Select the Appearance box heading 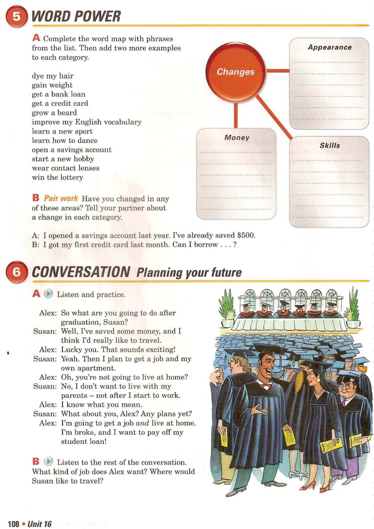click(329, 47)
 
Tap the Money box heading click(237, 138)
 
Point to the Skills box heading click(329, 145)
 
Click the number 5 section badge click(17, 17)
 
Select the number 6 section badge click(17, 272)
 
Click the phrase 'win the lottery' click(57, 177)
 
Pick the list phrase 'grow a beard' click(54, 113)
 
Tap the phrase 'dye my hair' click(52, 76)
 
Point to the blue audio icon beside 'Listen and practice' click(49, 294)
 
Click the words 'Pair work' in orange click(61, 198)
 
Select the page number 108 click(13, 524)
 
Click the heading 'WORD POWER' click(76, 16)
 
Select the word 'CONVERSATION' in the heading click(81, 272)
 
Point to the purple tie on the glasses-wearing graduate click(343, 402)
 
